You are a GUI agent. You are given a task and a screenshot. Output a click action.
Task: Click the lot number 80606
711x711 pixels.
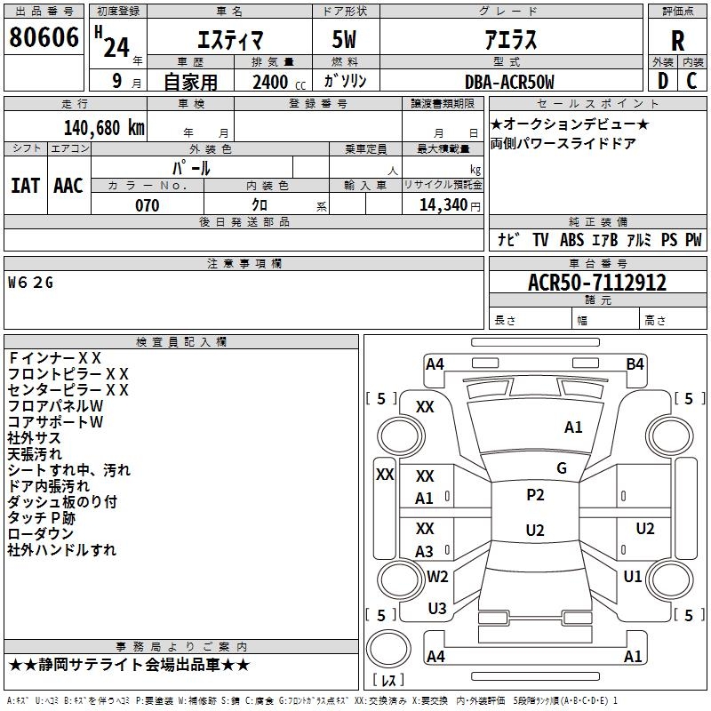coord(44,37)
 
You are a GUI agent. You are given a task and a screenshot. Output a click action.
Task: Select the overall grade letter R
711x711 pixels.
coord(677,41)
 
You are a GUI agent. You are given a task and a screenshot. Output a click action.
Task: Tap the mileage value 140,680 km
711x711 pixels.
coord(104,128)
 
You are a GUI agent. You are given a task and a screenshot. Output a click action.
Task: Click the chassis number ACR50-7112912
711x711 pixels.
coord(597,283)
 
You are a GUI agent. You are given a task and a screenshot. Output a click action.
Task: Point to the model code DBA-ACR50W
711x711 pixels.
coord(509,82)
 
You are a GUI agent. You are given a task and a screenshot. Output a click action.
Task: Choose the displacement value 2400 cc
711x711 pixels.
coord(279,82)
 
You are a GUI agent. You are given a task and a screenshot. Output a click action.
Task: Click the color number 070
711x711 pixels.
coord(148,205)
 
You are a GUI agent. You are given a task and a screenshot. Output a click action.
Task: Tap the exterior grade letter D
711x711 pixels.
coord(663,81)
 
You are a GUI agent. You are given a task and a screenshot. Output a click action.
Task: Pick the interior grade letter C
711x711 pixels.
coord(691,81)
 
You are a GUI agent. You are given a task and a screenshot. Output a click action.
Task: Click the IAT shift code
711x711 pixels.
coord(26,186)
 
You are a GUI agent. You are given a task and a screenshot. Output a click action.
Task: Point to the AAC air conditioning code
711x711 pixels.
coord(68,186)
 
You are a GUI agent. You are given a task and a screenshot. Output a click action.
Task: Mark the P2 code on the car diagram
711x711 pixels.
coord(535,495)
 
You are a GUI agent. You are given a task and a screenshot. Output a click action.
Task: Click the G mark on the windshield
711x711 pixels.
coord(562,467)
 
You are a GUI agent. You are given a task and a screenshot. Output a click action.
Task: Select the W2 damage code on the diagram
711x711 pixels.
coord(437,576)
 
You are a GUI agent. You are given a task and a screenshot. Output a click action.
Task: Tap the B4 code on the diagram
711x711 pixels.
coord(635,364)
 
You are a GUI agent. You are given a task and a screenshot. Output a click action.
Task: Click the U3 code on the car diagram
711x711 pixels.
coord(437,609)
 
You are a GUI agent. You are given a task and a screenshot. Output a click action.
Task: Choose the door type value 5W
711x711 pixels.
coord(344,39)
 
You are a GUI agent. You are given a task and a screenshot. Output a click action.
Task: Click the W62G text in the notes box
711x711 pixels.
coord(30,283)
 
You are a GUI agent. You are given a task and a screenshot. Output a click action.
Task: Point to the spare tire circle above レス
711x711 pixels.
coord(388,649)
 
